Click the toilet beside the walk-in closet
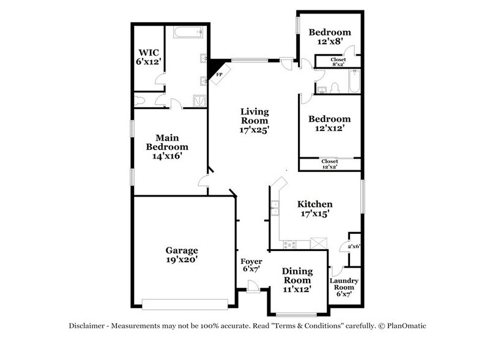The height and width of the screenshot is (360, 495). [x=140, y=100]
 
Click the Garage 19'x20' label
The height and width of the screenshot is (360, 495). [x=182, y=255]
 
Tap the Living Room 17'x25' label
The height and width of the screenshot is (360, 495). [x=255, y=121]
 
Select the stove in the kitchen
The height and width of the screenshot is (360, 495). [x=289, y=244]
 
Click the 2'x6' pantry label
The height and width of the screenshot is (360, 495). [x=353, y=247]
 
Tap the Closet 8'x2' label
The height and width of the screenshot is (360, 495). [x=337, y=61]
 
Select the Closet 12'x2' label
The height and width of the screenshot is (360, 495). [x=329, y=164]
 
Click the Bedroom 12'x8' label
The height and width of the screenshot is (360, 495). [x=329, y=37]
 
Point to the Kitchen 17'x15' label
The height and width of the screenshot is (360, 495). [x=314, y=209]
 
